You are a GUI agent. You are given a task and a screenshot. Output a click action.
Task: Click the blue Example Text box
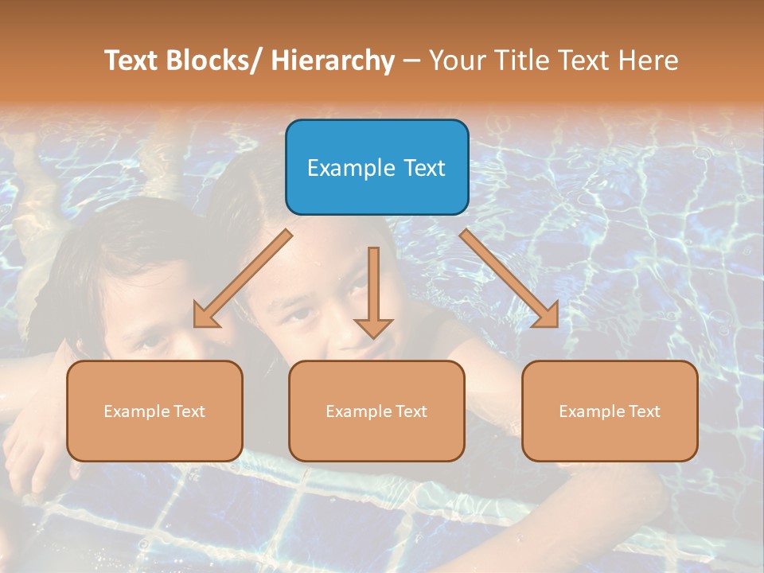376,167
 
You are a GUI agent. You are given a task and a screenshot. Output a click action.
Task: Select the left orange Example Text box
154,411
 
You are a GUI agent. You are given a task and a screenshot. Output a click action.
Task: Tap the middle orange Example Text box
376,411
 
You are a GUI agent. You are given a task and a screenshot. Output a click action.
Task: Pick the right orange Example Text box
610,411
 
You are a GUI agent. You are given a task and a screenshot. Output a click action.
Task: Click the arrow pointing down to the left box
242,279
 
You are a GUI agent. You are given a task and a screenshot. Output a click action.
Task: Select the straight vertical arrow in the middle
373,286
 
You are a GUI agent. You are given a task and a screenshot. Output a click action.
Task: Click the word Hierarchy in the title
333,60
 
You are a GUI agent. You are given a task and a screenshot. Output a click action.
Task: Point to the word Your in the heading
457,60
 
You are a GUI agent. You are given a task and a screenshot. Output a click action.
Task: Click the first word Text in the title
132,60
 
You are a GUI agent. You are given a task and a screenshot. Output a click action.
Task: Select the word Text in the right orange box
644,411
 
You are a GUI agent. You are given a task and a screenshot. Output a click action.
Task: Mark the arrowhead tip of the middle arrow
373,337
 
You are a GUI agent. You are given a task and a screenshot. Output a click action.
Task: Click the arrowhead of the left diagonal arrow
202,318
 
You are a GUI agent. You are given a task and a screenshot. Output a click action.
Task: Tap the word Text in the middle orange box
411,411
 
